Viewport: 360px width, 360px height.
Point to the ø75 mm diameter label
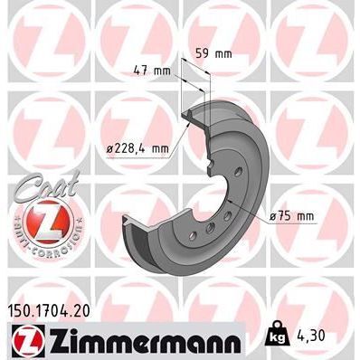click(x=291, y=215)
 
